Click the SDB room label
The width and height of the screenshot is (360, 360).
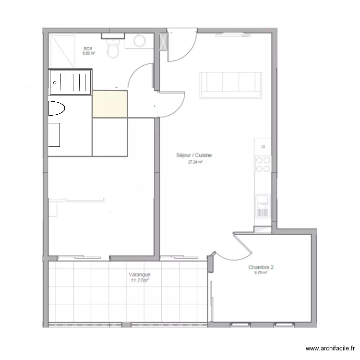[x=88, y=48]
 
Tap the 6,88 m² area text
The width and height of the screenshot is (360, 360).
[x=89, y=53]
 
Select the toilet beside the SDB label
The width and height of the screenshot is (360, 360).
[x=113, y=48]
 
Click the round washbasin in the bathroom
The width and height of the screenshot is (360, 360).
[x=141, y=41]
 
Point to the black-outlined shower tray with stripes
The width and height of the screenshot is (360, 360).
[x=71, y=83]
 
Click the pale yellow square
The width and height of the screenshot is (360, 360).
[x=110, y=104]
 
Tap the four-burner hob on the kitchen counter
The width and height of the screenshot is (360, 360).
[x=263, y=164]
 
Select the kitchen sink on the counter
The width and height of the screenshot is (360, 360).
[x=262, y=205]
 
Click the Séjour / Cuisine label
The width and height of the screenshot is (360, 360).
[x=194, y=156]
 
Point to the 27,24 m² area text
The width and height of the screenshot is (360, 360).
[x=195, y=162]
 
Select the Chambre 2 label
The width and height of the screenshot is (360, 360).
[x=261, y=267]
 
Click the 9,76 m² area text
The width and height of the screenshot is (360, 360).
[x=261, y=273]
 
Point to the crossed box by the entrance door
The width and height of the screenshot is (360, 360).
[x=163, y=40]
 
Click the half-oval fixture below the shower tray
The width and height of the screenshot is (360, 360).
[x=56, y=108]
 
